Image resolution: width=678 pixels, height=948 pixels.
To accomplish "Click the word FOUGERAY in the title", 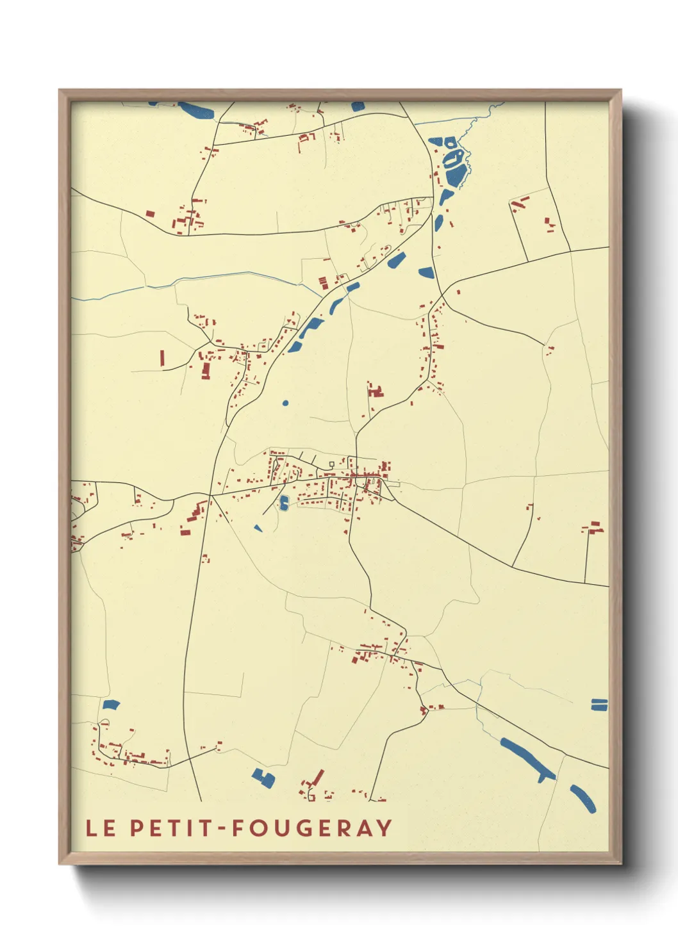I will click(311, 828).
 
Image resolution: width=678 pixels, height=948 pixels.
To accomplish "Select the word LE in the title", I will click(101, 828).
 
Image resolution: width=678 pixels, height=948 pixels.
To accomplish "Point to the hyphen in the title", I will click(222, 828).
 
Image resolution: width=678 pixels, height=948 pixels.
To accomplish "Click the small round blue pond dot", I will click(285, 403).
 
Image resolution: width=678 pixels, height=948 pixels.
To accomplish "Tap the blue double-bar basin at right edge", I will click(599, 705).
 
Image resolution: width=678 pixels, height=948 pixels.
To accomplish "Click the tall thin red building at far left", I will click(162, 357).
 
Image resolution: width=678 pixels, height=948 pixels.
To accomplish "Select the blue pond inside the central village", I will click(284, 503).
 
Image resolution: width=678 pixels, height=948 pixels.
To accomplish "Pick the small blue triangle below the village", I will click(258, 528).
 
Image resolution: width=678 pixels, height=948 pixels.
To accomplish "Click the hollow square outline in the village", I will click(331, 464).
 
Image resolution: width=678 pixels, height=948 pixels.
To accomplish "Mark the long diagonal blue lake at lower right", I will click(527, 759).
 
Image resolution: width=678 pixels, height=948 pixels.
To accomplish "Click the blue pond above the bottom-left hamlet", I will click(111, 705).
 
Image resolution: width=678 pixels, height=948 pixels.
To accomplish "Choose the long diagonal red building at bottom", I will click(317, 778).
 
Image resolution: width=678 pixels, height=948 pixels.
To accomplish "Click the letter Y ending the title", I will click(384, 828).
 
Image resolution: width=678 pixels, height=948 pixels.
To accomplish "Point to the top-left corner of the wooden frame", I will click(60, 91).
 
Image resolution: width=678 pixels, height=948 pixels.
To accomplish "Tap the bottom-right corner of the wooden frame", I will click(620, 863).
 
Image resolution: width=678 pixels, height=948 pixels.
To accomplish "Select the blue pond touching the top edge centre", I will click(358, 106).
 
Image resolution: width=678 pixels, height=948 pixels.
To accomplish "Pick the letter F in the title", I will click(238, 828).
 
